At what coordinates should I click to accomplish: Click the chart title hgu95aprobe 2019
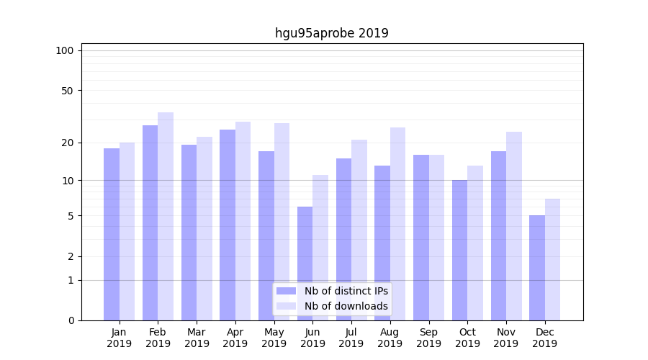click(x=331, y=33)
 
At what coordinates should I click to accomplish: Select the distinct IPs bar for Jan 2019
click(x=112, y=234)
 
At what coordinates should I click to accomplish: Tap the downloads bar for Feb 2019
click(x=166, y=216)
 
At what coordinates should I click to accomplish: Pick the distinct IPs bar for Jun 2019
click(x=305, y=264)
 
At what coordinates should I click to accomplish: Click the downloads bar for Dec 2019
click(x=552, y=259)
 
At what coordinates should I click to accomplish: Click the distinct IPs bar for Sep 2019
click(x=421, y=238)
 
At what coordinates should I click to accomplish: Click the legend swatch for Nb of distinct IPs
click(x=286, y=291)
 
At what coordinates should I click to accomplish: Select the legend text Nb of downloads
click(x=346, y=306)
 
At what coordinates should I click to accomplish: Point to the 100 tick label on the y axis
click(x=65, y=50)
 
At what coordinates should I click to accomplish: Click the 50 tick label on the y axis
click(x=67, y=91)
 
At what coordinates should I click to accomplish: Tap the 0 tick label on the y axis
click(x=71, y=320)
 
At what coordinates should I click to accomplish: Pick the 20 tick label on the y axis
click(x=67, y=143)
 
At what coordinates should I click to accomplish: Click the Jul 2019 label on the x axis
click(x=351, y=338)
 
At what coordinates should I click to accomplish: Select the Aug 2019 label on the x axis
click(x=390, y=338)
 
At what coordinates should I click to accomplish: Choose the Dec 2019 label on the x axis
click(x=544, y=338)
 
